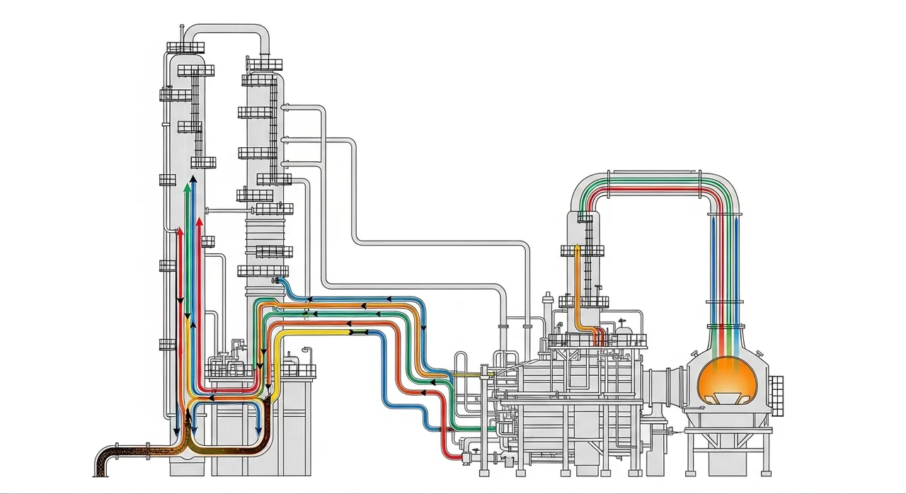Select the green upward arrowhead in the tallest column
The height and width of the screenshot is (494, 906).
(x=186, y=188)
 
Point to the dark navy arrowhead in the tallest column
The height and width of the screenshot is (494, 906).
(x=193, y=181)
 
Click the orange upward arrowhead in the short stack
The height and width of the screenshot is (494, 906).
(x=578, y=248)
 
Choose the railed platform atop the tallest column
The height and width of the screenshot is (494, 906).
(x=185, y=47)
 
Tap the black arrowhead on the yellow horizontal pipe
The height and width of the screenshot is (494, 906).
(x=352, y=331)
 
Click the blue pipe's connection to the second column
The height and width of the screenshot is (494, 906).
(x=280, y=282)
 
